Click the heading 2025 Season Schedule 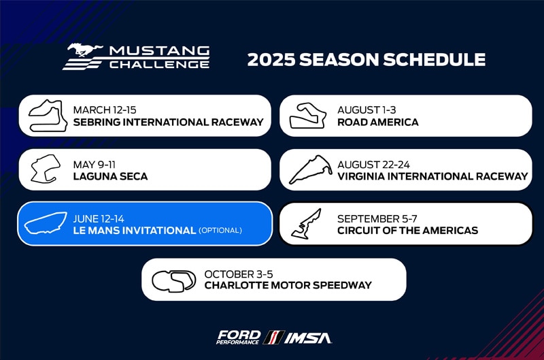click(366, 60)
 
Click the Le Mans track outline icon click(46, 224)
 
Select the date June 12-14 click(99, 218)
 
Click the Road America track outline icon click(308, 116)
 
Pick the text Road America click(377, 122)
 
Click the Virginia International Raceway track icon click(309, 169)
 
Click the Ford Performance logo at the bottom click(238, 337)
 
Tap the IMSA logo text click(308, 337)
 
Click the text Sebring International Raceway click(168, 122)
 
